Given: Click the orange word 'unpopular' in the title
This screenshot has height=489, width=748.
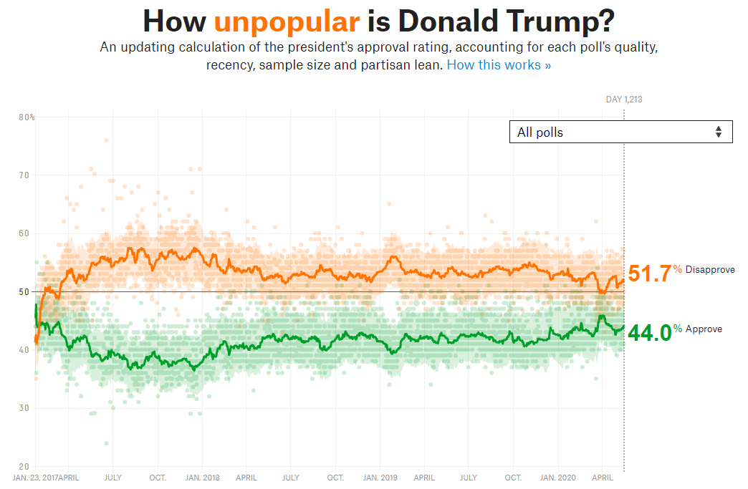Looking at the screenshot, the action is pyautogui.click(x=287, y=21).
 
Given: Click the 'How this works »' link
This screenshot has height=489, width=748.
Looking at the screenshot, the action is pyautogui.click(x=499, y=65).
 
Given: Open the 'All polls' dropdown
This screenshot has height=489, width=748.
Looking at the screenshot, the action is pyautogui.click(x=620, y=132).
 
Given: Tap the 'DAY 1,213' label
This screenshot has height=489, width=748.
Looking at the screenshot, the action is pyautogui.click(x=624, y=99).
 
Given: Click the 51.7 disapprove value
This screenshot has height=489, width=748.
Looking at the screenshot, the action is pyautogui.click(x=650, y=273).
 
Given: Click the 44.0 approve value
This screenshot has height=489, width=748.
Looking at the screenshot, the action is pyautogui.click(x=650, y=333).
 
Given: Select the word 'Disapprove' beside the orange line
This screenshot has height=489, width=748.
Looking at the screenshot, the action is pyautogui.click(x=710, y=270).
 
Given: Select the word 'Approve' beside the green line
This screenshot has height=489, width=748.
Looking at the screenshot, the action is pyautogui.click(x=704, y=329).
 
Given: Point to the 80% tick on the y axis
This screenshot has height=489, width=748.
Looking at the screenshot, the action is pyautogui.click(x=27, y=117).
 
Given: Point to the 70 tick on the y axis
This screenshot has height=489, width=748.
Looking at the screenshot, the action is pyautogui.click(x=24, y=175).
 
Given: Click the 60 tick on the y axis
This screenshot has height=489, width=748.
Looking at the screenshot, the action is pyautogui.click(x=24, y=233).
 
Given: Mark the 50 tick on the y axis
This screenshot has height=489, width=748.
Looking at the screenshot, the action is pyautogui.click(x=24, y=291).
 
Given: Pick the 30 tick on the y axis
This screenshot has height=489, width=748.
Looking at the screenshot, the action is pyautogui.click(x=24, y=408).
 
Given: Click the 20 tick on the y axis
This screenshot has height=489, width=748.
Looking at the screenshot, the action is pyautogui.click(x=24, y=467).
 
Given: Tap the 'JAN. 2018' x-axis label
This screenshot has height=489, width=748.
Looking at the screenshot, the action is pyautogui.click(x=202, y=478).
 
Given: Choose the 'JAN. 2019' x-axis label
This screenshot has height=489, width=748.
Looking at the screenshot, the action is pyautogui.click(x=380, y=478).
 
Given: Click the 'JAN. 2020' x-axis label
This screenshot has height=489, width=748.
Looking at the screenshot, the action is pyautogui.click(x=557, y=478).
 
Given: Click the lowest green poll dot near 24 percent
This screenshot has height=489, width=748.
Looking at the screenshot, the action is pyautogui.click(x=106, y=443).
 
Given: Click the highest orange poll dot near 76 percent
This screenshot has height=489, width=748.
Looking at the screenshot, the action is pyautogui.click(x=106, y=140).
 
